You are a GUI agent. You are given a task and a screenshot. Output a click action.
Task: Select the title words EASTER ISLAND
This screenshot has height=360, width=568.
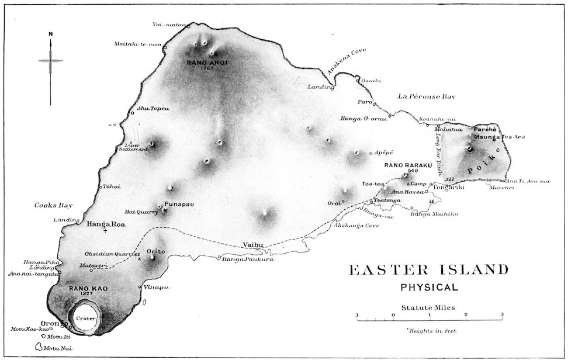click(x=428, y=271)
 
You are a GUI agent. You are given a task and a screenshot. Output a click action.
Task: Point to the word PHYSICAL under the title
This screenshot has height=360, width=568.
click(x=429, y=287)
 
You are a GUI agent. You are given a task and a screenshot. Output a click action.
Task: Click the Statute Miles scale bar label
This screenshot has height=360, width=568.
click(x=430, y=306)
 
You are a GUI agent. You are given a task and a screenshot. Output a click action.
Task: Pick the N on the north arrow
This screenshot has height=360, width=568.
click(x=51, y=34)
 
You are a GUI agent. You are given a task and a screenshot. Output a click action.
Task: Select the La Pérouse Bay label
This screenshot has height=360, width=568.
click(x=426, y=96)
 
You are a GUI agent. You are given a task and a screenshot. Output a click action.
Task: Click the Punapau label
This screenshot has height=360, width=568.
click(x=177, y=204)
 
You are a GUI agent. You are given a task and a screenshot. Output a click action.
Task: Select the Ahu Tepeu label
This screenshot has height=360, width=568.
click(x=149, y=109)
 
